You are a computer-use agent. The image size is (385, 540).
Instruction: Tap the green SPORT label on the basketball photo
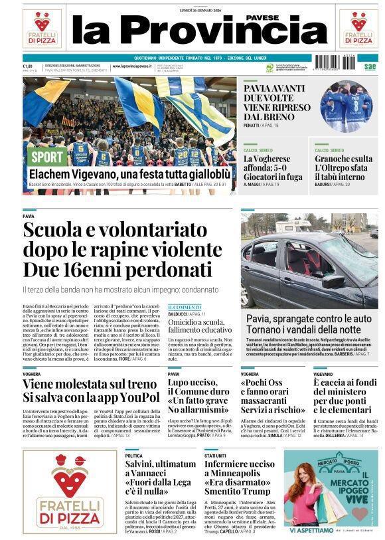point(48,157)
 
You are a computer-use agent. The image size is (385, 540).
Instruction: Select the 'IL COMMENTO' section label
point(184,306)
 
